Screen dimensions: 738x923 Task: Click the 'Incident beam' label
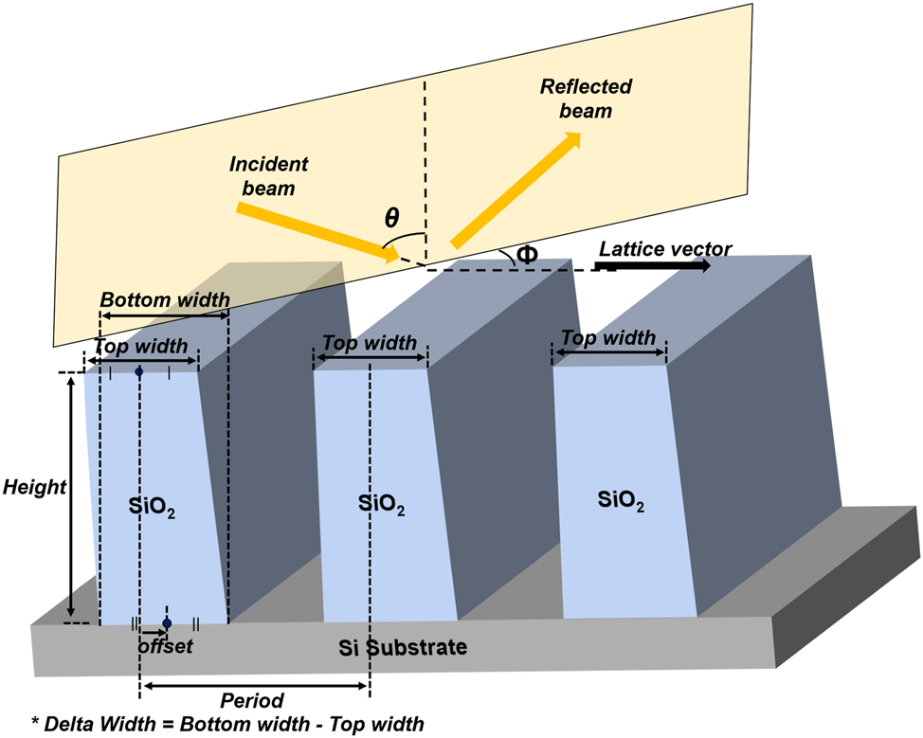268,176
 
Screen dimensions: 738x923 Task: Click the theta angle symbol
391,218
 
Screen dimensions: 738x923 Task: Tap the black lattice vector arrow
654,267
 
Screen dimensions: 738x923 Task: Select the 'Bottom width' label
165,300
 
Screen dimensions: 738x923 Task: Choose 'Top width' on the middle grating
370,343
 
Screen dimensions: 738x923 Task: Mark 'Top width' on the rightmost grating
608,338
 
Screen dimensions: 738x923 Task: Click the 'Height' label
34,488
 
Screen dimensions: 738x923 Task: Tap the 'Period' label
252,701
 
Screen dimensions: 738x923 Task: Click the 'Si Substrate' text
403,648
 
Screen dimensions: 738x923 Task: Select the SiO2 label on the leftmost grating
153,509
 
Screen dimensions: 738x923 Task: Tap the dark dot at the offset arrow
167,623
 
